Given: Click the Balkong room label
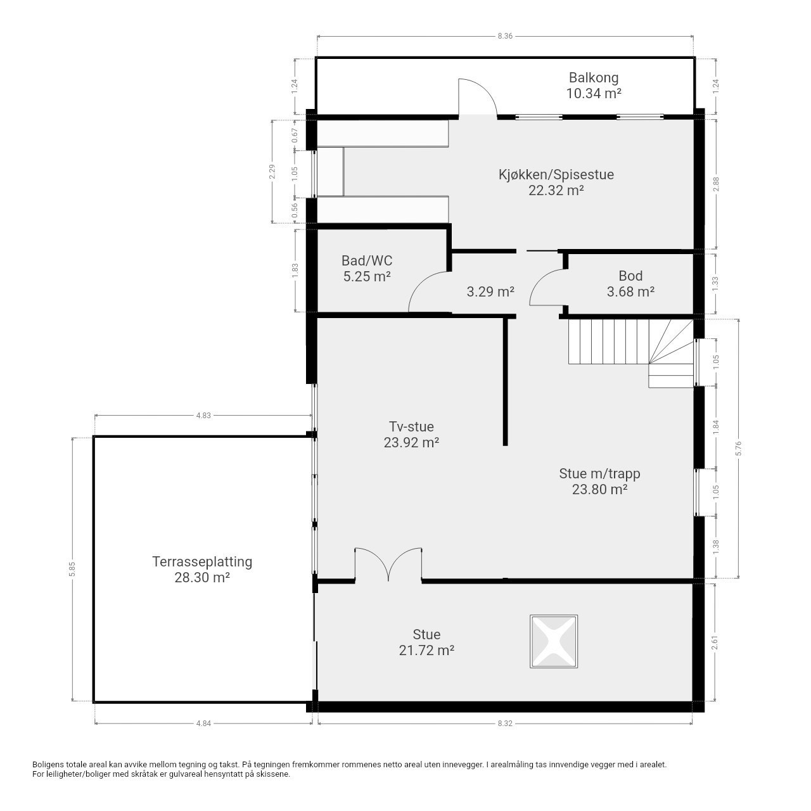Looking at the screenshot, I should point(593,79).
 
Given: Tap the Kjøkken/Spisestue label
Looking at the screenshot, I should point(556,175).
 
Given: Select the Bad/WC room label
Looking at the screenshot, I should point(366,260).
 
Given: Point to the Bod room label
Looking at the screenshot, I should point(630,276).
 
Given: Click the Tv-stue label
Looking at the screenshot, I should point(411,427).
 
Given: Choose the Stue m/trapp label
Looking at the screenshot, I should point(599,473).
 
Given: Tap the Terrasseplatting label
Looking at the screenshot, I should point(202,561).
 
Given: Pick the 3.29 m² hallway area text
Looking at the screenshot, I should point(490,292).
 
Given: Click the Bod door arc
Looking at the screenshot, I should point(546,288).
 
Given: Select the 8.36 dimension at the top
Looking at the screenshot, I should point(505,36).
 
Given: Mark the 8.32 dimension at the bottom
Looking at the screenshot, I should point(505,723).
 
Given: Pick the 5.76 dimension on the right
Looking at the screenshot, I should point(737,449).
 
